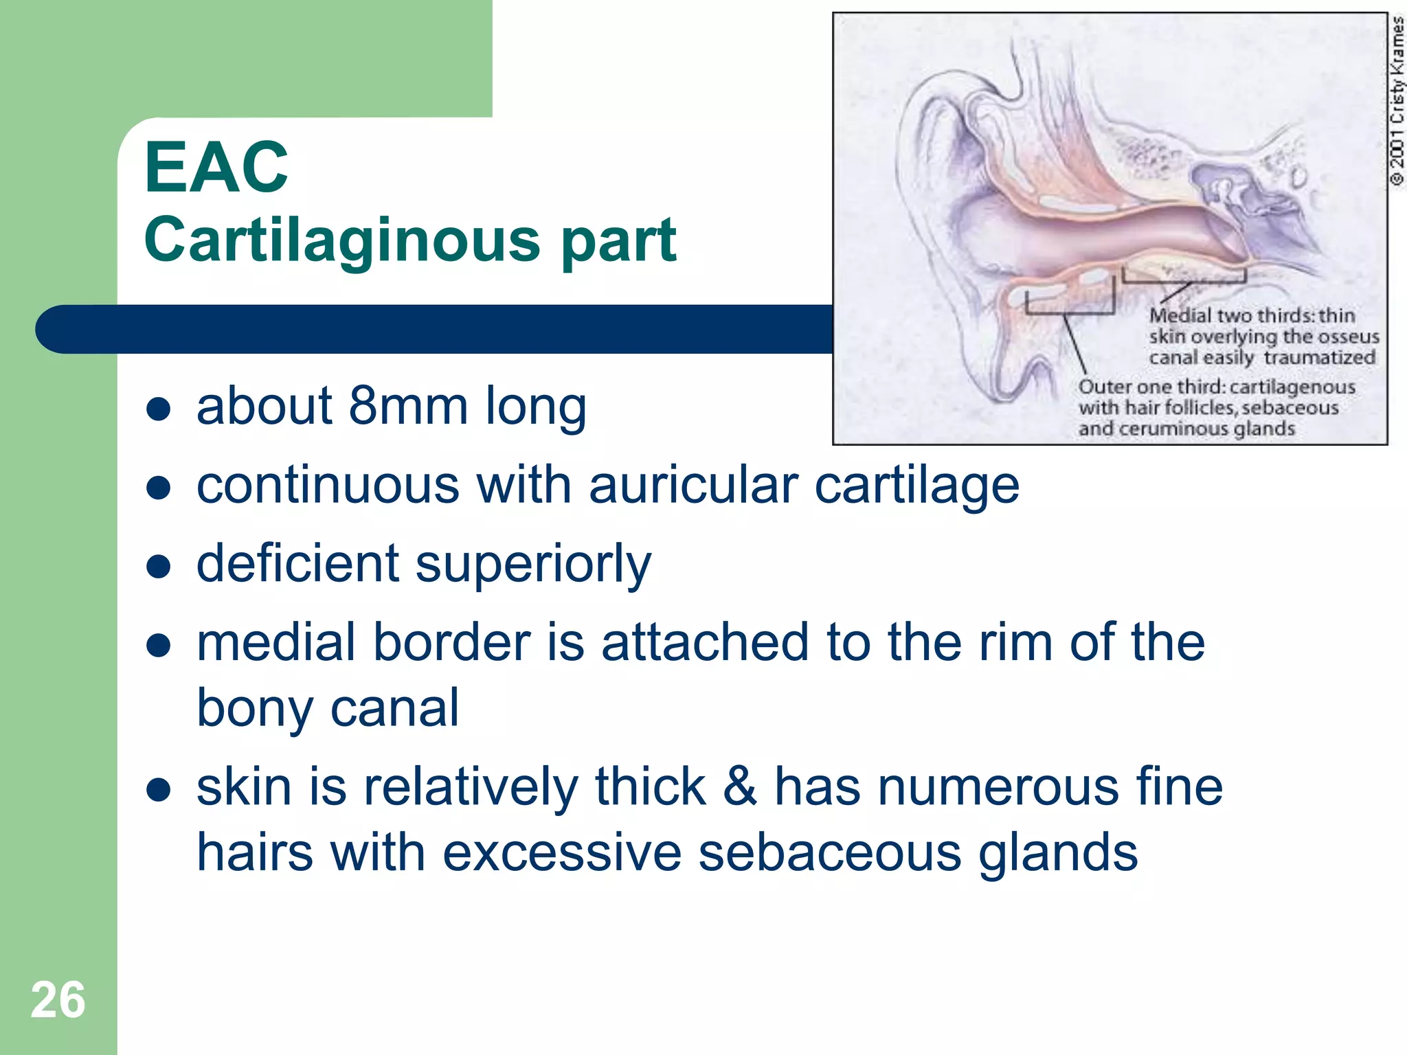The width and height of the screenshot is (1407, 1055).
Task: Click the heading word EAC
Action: [216, 168]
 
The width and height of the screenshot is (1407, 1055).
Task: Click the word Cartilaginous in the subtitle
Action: [342, 240]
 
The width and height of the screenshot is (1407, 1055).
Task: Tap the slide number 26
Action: [58, 1000]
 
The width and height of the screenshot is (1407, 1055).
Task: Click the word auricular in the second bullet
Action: [693, 485]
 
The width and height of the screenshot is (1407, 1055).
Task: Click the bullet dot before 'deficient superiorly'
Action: [159, 567]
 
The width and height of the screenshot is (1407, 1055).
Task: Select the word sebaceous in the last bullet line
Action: [829, 852]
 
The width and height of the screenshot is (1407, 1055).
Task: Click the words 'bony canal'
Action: [328, 708]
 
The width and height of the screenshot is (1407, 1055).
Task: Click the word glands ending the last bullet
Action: [1058, 852]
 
